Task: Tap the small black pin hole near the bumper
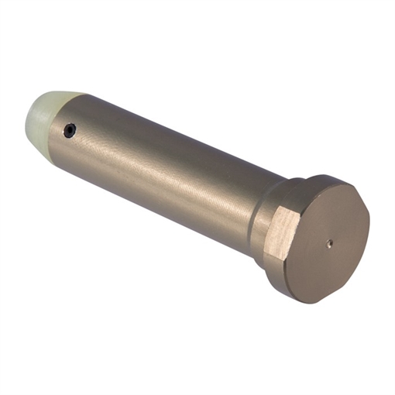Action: click(x=70, y=131)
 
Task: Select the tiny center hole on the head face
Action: click(x=329, y=242)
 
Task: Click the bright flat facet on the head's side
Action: click(x=284, y=232)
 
